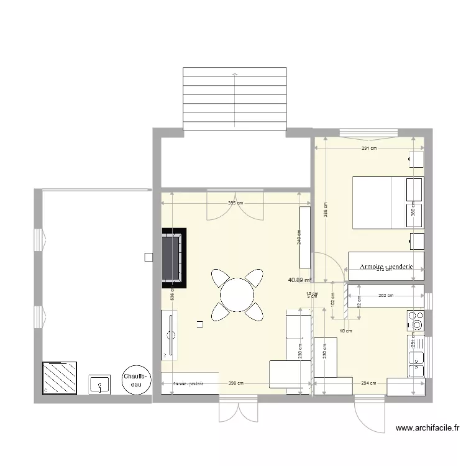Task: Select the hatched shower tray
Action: pyautogui.click(x=60, y=378)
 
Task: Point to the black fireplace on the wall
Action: pyautogui.click(x=174, y=258)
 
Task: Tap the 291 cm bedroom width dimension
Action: pyautogui.click(x=369, y=148)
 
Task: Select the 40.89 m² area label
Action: pyautogui.click(x=299, y=280)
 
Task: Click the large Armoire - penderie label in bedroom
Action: pyautogui.click(x=386, y=267)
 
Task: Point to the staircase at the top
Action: pyautogui.click(x=235, y=99)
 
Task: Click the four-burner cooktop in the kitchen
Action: pyautogui.click(x=416, y=321)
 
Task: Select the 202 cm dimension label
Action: pyautogui.click(x=385, y=295)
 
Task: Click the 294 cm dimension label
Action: pyautogui.click(x=369, y=383)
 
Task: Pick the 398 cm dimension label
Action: pyautogui.click(x=235, y=383)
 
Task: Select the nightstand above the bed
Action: pyautogui.click(x=416, y=160)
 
